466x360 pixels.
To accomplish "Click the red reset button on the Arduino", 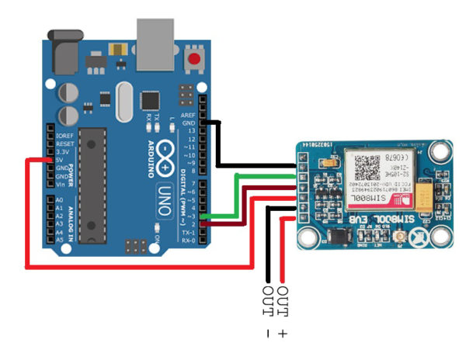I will [205, 59].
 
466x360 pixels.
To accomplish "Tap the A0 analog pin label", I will [60, 200].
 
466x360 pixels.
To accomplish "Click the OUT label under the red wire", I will [283, 302].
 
